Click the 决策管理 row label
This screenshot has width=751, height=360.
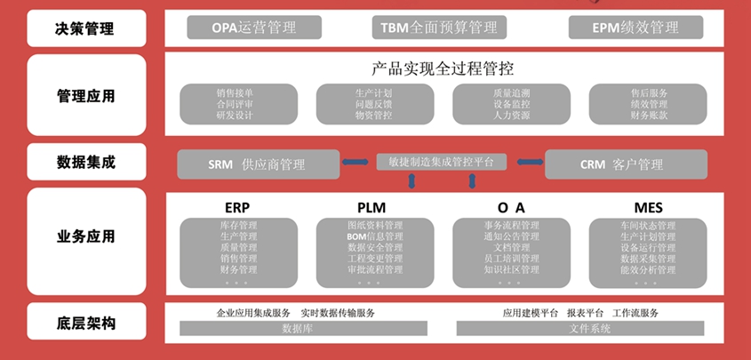pyautogui.click(x=85, y=28)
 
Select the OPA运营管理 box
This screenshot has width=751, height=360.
pyautogui.click(x=253, y=28)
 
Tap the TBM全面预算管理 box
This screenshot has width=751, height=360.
pyautogui.click(x=439, y=28)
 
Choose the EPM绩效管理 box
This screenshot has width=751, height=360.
pyautogui.click(x=635, y=28)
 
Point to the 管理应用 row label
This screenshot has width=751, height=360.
pyautogui.click(x=85, y=95)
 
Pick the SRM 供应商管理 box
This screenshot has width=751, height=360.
pyautogui.click(x=258, y=164)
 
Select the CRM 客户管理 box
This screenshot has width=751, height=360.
pyautogui.click(x=626, y=164)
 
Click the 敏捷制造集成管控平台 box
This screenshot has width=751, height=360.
pyautogui.click(x=441, y=162)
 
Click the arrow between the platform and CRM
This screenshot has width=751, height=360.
pyautogui.click(x=531, y=163)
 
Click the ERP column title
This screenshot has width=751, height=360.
pyautogui.click(x=238, y=208)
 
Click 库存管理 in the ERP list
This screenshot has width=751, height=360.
pyautogui.click(x=238, y=226)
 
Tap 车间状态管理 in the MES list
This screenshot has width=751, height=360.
pyautogui.click(x=647, y=226)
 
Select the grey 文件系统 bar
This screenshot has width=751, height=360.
pyautogui.click(x=589, y=329)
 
